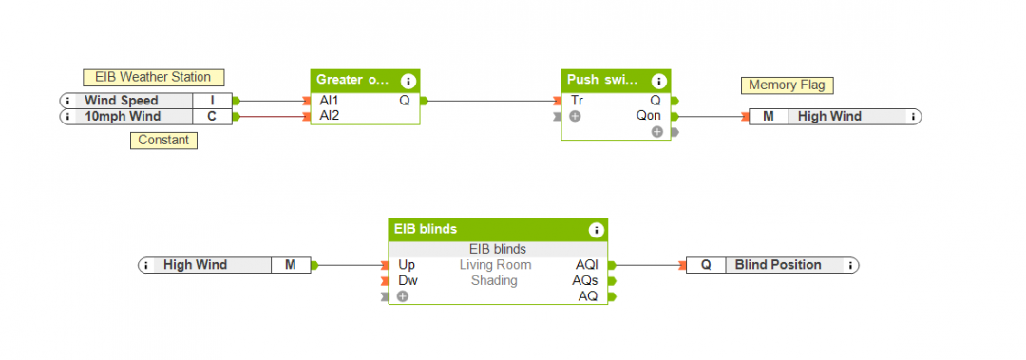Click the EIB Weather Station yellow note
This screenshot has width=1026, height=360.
(146, 77)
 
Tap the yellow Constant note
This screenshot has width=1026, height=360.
(162, 141)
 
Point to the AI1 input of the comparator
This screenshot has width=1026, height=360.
(329, 100)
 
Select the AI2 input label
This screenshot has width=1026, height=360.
(329, 116)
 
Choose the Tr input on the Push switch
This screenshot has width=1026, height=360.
(577, 100)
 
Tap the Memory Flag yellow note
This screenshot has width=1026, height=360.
(786, 85)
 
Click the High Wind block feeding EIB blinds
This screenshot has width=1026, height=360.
(223, 265)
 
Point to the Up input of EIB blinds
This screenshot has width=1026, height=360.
(407, 265)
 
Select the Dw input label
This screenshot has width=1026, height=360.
(407, 280)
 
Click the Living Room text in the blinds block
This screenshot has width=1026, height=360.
(497, 265)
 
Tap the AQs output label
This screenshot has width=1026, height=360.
(584, 280)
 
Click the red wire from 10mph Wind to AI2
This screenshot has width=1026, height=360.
(272, 117)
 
